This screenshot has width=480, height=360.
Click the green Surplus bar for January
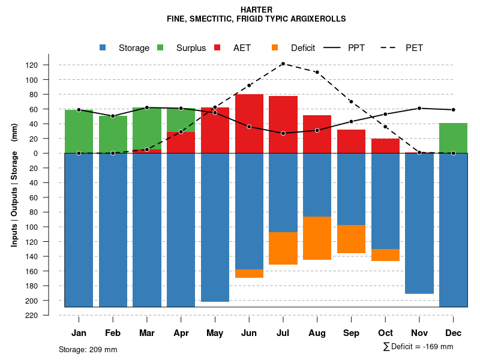point(79,131)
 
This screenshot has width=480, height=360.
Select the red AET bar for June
point(249,124)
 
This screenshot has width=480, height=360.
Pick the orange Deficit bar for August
point(317,238)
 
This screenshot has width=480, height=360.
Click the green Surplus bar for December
point(453,138)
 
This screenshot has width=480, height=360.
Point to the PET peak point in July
point(283,64)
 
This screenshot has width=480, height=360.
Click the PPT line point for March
point(147,107)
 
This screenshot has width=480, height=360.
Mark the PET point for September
point(351,101)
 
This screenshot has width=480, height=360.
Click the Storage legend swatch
point(103,47)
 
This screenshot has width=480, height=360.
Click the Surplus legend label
point(191,48)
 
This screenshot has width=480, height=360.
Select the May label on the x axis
point(215,333)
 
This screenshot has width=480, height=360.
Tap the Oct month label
point(385,333)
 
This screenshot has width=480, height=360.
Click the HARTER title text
point(256,10)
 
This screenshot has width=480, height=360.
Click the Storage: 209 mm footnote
point(88,349)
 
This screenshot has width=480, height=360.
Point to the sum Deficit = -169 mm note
point(418,347)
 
